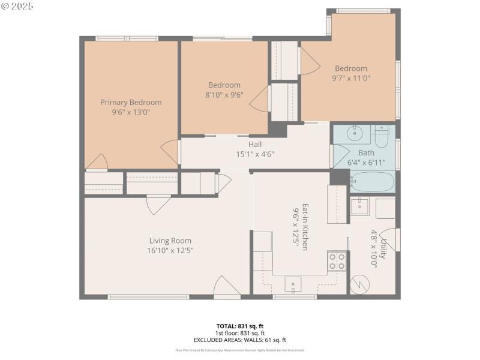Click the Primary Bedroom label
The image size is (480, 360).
pos(131,102)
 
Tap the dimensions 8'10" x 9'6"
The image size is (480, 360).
pos(224,94)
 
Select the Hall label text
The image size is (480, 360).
pos(255,144)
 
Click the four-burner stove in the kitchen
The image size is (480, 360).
pos(337,261)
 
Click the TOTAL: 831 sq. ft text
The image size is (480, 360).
pos(239,326)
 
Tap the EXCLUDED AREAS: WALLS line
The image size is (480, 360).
pos(239,340)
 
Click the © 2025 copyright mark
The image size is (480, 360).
pos(17,6)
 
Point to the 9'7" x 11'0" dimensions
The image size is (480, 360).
pos(351,77)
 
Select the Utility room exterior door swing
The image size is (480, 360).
pos(392,239)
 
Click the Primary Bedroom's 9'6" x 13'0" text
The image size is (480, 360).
pos(131,112)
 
